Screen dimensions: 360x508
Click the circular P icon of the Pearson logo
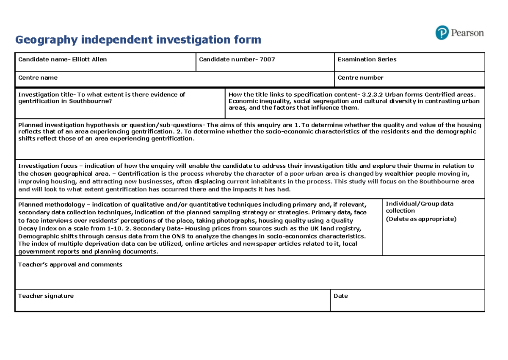point(442,33)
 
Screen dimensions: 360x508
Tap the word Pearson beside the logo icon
point(467,33)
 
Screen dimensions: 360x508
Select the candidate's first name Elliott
point(82,59)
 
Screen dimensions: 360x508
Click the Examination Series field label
point(367,59)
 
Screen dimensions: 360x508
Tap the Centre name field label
point(38,78)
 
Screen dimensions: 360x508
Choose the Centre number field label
point(360,78)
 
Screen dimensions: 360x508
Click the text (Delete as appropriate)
point(421,219)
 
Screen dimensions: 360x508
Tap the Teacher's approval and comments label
point(70,265)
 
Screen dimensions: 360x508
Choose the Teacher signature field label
point(46,296)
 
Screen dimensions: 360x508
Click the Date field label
point(341,296)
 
